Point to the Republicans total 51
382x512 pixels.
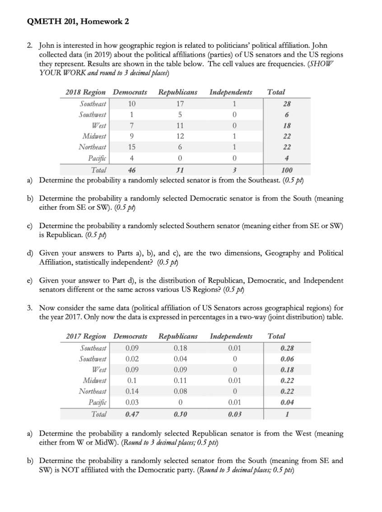click(x=178, y=170)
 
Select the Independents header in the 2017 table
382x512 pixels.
click(x=231, y=336)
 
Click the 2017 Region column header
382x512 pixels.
click(x=86, y=336)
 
